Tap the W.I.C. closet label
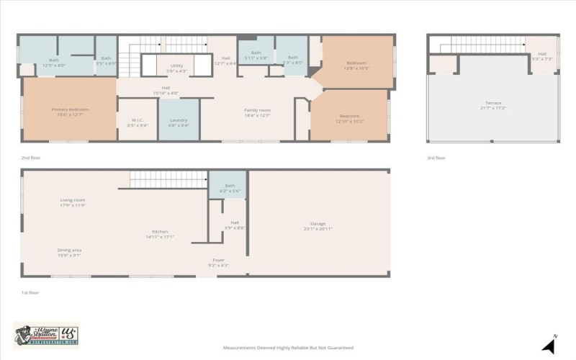pos(138,122)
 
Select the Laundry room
pos(179,122)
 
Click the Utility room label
pos(176,68)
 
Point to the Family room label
pos(257,112)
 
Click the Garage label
pos(319,227)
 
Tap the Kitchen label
pos(160,233)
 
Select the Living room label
pos(72,202)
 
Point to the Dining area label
pos(69,252)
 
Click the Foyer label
pos(218,262)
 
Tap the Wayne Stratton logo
pos(46,335)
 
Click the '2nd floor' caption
pos(31,157)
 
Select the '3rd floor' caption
pos(436,158)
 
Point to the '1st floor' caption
pos(30,292)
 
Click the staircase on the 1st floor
pos(168,179)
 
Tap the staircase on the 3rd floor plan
pos(482,45)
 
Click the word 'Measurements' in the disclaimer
pos(240,348)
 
